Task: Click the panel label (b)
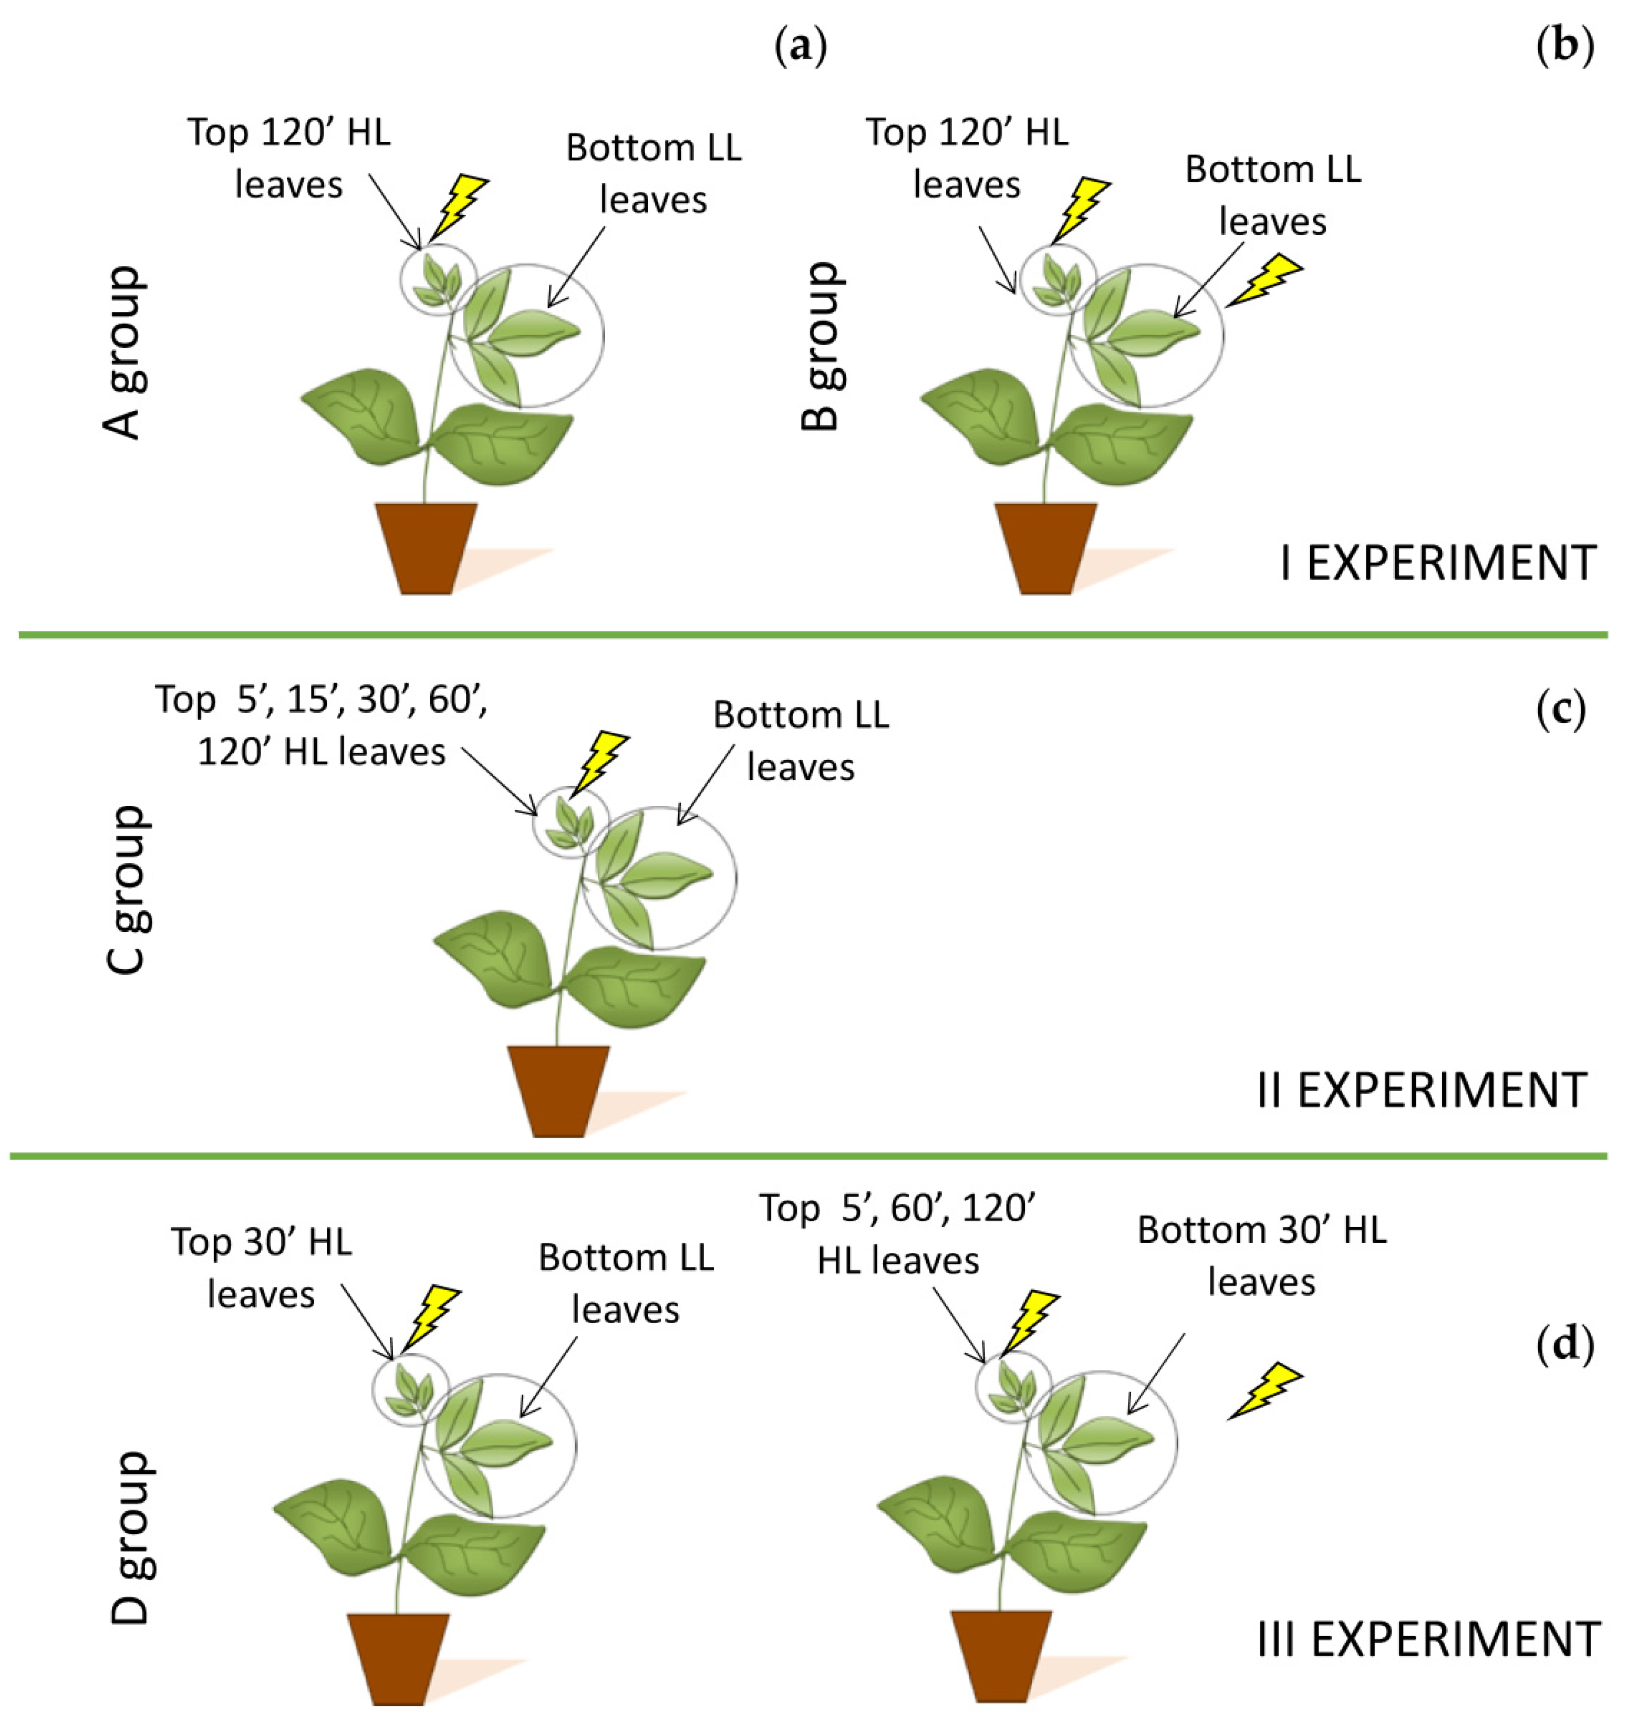coord(1564,48)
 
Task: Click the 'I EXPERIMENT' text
coord(1437,564)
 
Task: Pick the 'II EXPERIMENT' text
coord(1422,1090)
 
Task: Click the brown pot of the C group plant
coord(558,1090)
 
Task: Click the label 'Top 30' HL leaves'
coord(261,1267)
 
